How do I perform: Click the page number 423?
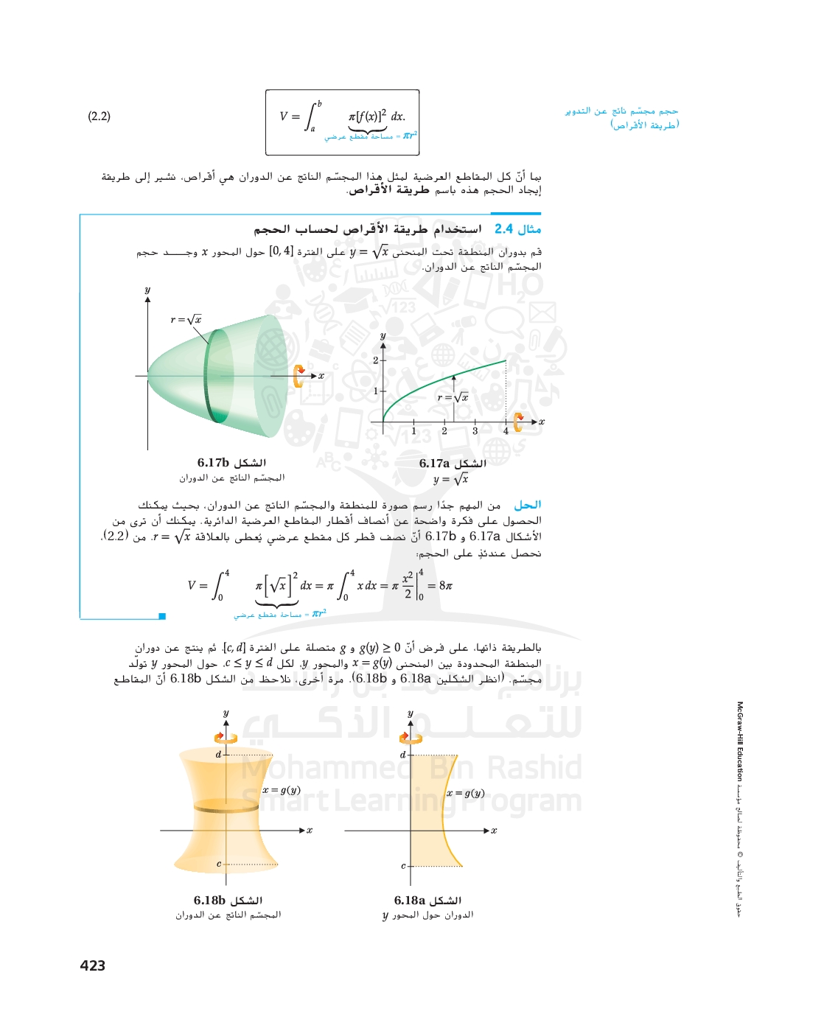click(x=93, y=965)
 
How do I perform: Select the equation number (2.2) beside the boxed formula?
click(x=99, y=116)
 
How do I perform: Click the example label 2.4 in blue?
click(x=504, y=229)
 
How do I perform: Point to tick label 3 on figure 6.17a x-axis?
click(x=475, y=431)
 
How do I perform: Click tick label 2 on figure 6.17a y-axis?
click(x=375, y=360)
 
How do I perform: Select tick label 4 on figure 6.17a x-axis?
click(x=506, y=431)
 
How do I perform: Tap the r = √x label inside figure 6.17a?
click(x=453, y=398)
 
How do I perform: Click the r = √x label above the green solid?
click(x=186, y=320)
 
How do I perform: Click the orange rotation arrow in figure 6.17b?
click(x=298, y=376)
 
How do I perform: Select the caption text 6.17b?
click(x=213, y=463)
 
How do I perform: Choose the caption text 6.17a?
click(x=435, y=464)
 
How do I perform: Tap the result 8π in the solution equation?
click(x=445, y=586)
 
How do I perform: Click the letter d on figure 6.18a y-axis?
click(x=402, y=755)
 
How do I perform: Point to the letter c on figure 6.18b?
click(x=219, y=864)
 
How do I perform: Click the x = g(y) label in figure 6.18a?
click(x=466, y=794)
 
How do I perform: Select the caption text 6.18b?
click(x=209, y=901)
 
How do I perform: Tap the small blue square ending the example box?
click(x=162, y=616)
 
